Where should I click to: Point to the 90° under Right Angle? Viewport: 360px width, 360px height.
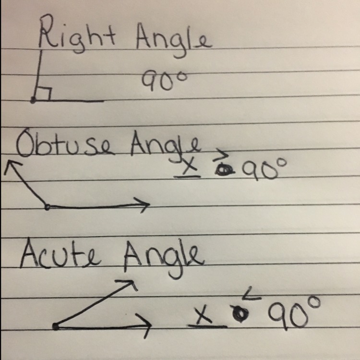[164, 80]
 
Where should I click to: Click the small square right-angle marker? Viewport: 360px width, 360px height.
[43, 94]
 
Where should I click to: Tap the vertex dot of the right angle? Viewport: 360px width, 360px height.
[33, 100]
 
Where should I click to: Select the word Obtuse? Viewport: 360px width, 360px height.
[65, 144]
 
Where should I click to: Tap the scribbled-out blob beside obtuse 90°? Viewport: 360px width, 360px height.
[223, 170]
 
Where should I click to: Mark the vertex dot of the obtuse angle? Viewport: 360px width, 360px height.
[48, 207]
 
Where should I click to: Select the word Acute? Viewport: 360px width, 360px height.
[60, 255]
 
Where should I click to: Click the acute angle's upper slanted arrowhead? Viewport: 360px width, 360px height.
[129, 284]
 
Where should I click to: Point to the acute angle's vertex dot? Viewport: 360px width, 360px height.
[56, 326]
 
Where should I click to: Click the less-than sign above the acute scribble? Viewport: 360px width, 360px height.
[252, 294]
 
